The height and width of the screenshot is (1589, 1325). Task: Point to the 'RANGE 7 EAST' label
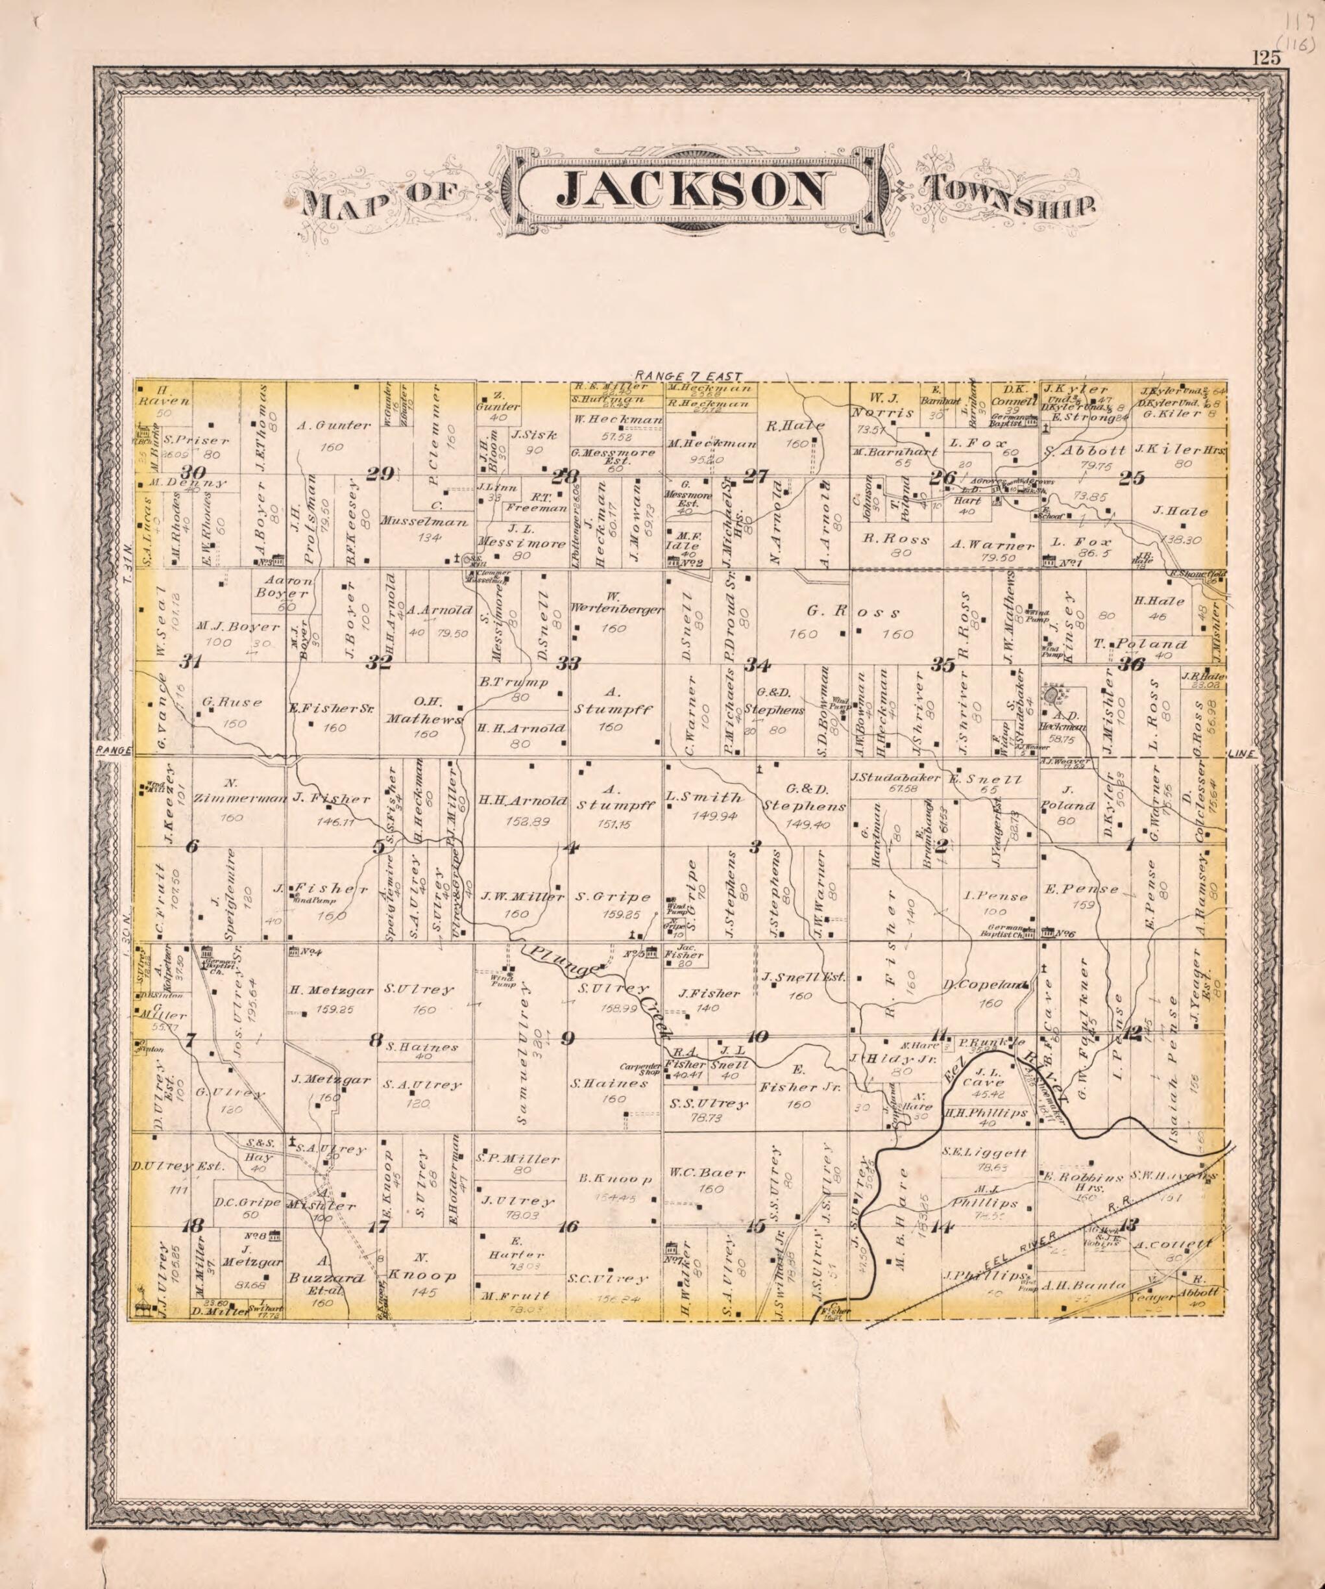690,375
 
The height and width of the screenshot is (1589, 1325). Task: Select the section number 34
757,665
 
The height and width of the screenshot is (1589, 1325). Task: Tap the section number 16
567,1227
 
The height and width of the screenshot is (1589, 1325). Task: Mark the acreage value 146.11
330,821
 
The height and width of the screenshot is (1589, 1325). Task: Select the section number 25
1134,478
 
